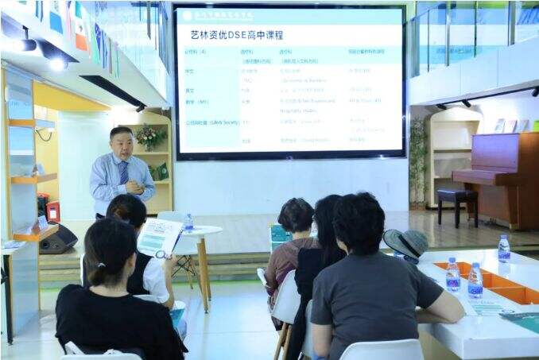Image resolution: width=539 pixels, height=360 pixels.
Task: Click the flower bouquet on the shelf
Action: tap(149, 137)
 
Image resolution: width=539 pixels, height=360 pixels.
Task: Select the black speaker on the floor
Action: tap(58, 239)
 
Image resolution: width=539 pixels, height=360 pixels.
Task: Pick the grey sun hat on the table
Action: tap(405, 243)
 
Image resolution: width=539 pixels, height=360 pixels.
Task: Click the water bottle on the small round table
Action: tap(188, 223)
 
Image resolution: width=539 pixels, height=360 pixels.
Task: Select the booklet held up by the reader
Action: tap(159, 237)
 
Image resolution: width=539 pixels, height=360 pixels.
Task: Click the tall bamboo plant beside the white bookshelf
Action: tap(418, 159)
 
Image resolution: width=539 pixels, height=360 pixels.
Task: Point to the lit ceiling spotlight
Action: tap(56, 64)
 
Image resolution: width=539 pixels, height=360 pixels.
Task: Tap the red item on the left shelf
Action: tap(53, 212)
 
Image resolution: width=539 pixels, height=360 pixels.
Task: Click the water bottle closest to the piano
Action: tap(504, 249)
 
